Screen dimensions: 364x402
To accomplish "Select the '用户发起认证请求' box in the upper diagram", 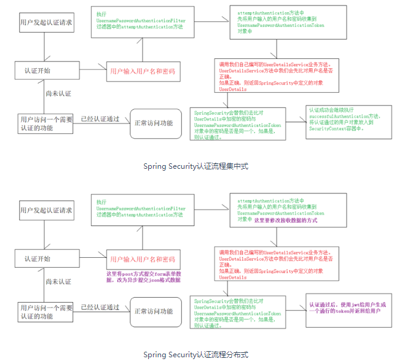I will [46, 23].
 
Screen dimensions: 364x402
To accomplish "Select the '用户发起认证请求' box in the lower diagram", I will [46, 211].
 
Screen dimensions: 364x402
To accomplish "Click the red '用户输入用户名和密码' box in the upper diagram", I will [143, 72].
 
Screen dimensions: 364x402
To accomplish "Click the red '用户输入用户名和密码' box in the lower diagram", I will [143, 260].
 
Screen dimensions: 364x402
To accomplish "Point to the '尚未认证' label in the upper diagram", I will [58, 93].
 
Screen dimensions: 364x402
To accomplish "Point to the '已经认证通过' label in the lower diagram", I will [100, 307].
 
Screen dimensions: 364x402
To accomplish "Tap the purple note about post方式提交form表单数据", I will [144, 277].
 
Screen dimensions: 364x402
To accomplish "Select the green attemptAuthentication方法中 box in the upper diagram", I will [277, 23].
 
